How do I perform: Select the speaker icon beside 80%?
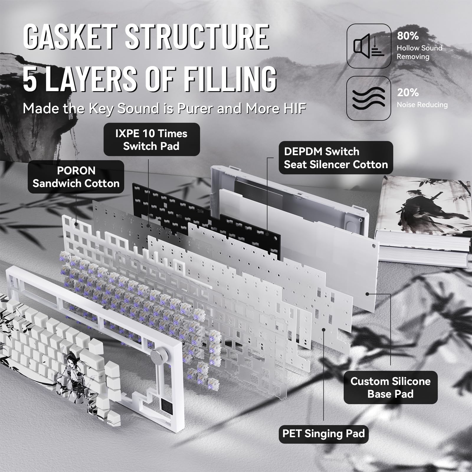(369, 46)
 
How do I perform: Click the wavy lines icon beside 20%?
(369, 98)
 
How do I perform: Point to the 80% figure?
(408, 36)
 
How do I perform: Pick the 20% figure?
(408, 93)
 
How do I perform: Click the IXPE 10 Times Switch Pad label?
(151, 140)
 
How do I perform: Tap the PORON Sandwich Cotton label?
(76, 177)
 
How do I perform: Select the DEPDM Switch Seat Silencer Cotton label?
(336, 158)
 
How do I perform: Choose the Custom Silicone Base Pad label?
(391, 387)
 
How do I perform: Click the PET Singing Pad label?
(324, 433)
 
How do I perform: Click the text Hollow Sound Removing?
(419, 52)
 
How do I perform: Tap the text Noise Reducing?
(422, 105)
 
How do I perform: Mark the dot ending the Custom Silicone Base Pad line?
(367, 294)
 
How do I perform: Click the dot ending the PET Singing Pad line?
(324, 330)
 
